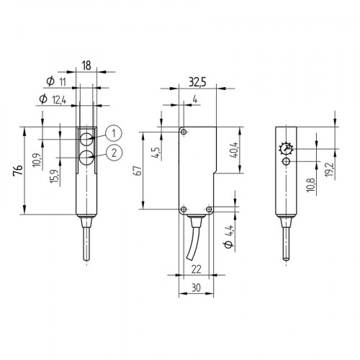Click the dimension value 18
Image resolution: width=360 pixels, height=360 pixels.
[x=86, y=65]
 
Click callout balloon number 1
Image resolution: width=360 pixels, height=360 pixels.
[x=114, y=132]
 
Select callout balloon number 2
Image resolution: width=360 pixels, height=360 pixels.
[x=114, y=151]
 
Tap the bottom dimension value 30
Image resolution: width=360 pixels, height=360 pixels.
[x=194, y=287]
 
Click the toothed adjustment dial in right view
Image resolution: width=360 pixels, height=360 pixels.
[x=286, y=148]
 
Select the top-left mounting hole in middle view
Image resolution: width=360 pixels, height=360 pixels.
[x=184, y=132]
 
